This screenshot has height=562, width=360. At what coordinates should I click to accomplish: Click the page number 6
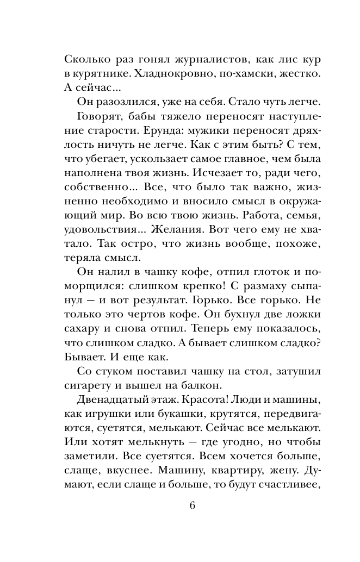(193, 504)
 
